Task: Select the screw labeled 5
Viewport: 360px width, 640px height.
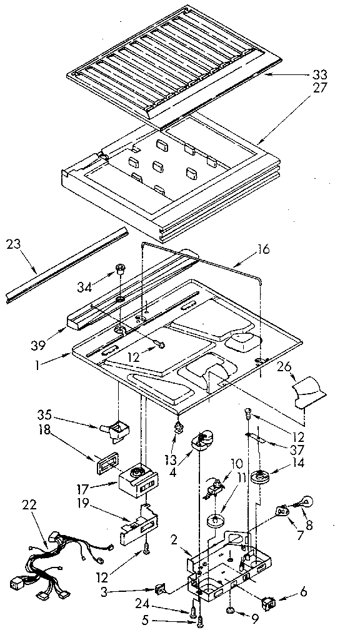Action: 200,621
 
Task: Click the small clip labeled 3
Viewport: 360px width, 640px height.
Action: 160,589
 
